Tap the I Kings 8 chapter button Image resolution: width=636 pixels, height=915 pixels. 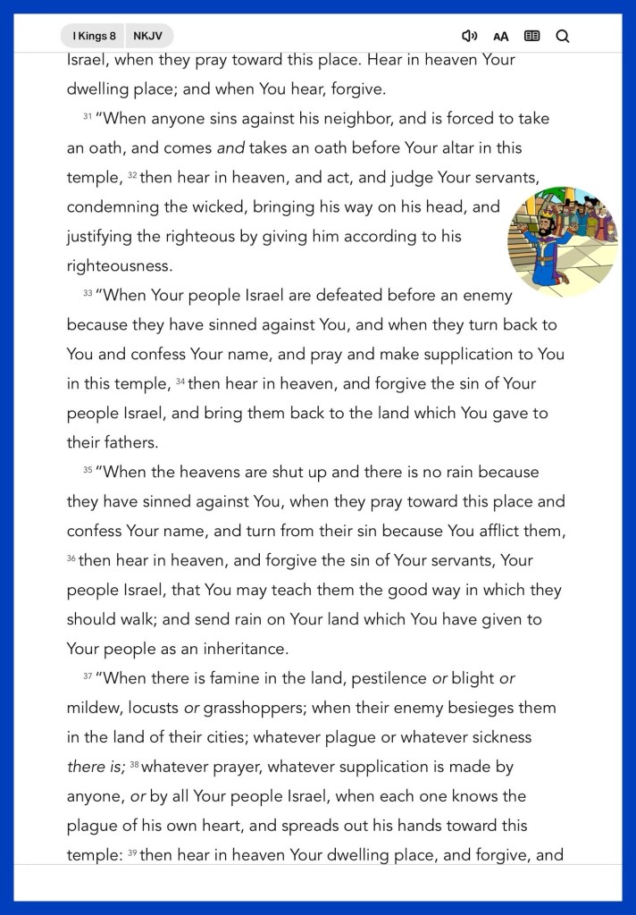tap(94, 36)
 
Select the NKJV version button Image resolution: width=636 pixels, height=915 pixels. tap(148, 36)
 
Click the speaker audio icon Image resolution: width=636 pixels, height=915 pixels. tap(469, 36)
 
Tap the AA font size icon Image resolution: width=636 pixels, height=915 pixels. tap(500, 37)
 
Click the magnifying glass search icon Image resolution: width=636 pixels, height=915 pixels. tap(563, 36)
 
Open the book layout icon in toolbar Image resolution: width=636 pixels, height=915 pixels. tap(531, 36)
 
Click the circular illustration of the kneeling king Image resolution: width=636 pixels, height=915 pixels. tap(563, 242)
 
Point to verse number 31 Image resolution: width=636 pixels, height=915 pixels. tap(88, 117)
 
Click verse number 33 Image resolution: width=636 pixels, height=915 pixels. tap(88, 293)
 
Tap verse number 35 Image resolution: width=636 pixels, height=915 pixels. tap(88, 470)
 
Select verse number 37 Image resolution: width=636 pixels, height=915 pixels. tap(88, 676)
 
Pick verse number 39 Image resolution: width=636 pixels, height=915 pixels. tap(131, 853)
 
